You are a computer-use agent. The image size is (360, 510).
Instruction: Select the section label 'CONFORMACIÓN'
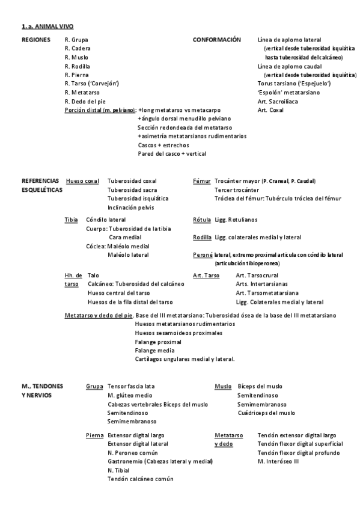click(x=216, y=40)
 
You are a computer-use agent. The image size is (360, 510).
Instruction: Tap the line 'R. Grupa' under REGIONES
click(x=76, y=40)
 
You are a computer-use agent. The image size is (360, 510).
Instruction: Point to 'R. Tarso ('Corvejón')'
click(x=91, y=84)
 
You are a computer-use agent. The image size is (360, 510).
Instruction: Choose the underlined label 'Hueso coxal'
click(x=82, y=180)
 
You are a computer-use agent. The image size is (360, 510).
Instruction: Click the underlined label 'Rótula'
click(x=202, y=220)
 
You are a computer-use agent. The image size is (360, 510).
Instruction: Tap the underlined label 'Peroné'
click(x=203, y=255)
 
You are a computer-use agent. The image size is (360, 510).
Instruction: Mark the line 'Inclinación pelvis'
click(x=130, y=207)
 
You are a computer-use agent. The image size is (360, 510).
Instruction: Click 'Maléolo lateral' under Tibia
click(x=128, y=255)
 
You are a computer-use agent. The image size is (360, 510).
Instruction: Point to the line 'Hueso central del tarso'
click(x=119, y=293)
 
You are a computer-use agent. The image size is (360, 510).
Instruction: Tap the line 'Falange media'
click(x=155, y=350)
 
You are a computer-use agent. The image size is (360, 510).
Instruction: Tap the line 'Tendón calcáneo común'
click(x=141, y=479)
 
